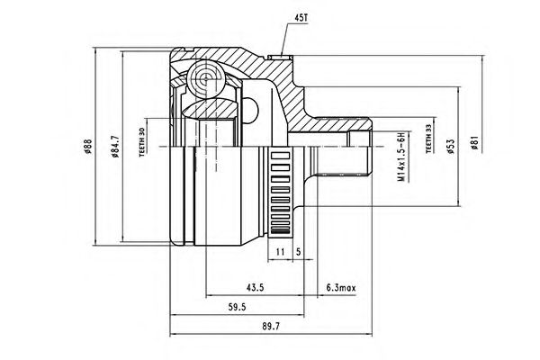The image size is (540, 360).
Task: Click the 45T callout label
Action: (x=301, y=18)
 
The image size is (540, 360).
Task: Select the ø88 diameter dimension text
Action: (x=87, y=147)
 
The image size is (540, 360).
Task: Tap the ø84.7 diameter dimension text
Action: (x=115, y=147)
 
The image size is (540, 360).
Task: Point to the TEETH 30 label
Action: (x=141, y=142)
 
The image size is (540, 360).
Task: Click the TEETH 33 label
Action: (x=428, y=139)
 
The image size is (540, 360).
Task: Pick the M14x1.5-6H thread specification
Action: (x=400, y=157)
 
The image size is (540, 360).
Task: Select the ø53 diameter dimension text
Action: (x=451, y=147)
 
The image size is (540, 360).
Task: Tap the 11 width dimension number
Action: (x=280, y=252)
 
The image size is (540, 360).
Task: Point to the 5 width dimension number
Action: (x=298, y=252)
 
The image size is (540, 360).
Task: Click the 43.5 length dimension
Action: (x=255, y=287)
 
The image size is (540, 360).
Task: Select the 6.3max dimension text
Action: (x=341, y=287)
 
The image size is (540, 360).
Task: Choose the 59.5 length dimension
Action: (x=237, y=307)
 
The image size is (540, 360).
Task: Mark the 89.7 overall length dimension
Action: (x=271, y=326)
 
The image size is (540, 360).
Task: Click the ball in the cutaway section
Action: (x=206, y=79)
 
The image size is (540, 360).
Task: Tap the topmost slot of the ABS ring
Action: (x=281, y=156)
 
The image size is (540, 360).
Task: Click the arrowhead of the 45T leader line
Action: (x=282, y=55)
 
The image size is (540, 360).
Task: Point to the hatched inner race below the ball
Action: (x=210, y=108)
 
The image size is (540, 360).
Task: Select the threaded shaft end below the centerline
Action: (x=345, y=161)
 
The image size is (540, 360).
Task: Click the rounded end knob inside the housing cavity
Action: (x=251, y=109)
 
